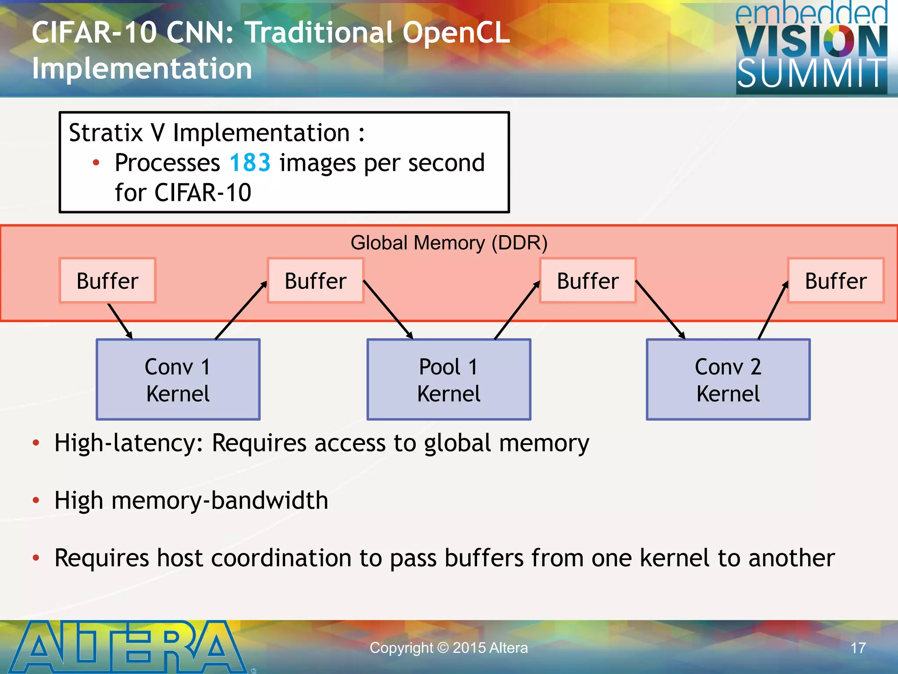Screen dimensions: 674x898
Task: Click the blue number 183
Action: point(250,163)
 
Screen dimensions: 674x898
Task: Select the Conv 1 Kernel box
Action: point(178,380)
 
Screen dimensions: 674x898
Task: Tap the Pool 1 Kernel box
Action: point(449,380)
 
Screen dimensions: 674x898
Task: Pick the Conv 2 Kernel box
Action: point(728,380)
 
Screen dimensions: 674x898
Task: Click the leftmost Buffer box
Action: point(107,281)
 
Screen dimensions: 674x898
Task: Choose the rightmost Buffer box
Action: point(836,281)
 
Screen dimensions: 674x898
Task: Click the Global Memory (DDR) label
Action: point(449,243)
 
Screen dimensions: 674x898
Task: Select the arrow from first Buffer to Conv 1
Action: point(120,321)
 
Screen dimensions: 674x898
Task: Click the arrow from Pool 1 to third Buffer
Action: point(517,310)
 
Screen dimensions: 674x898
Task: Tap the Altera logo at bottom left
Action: point(127,647)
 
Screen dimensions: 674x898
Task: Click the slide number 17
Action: point(858,648)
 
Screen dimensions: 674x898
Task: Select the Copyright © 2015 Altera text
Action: point(449,648)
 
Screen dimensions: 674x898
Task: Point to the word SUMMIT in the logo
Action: point(811,74)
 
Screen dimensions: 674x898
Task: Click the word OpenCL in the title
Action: point(456,33)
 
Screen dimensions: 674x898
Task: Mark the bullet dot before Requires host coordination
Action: point(36,558)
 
